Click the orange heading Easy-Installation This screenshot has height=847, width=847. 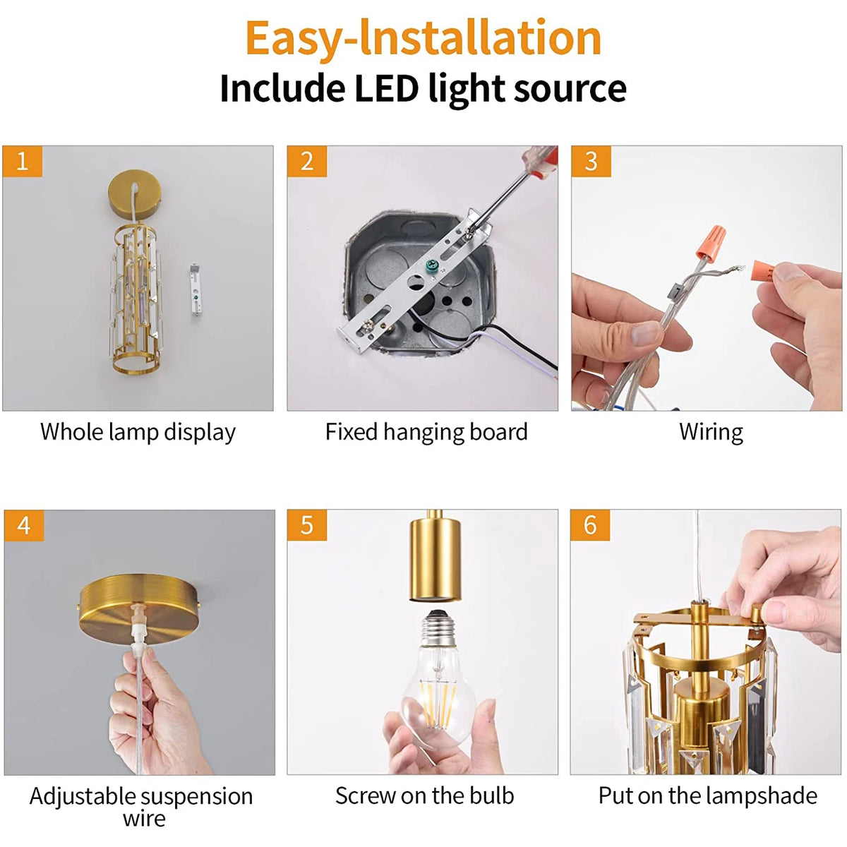pos(423,38)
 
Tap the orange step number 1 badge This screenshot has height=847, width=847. pos(22,162)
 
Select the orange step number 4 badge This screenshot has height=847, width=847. pos(23,526)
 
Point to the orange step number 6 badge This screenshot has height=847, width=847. pos(590,525)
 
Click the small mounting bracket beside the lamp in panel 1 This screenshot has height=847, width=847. pos(196,289)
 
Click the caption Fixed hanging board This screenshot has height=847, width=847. pos(426,432)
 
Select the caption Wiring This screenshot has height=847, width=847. pos(710,432)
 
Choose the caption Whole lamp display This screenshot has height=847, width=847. pos(138,432)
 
